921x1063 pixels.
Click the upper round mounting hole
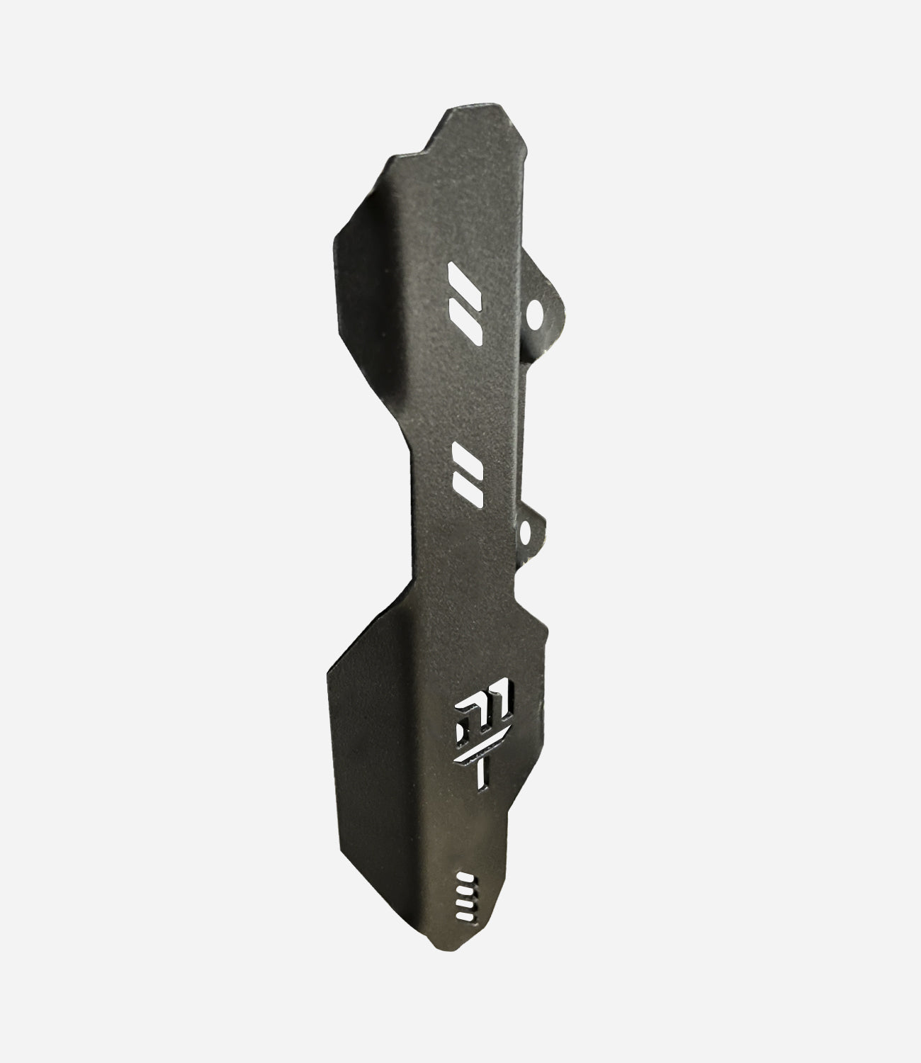tap(535, 312)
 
